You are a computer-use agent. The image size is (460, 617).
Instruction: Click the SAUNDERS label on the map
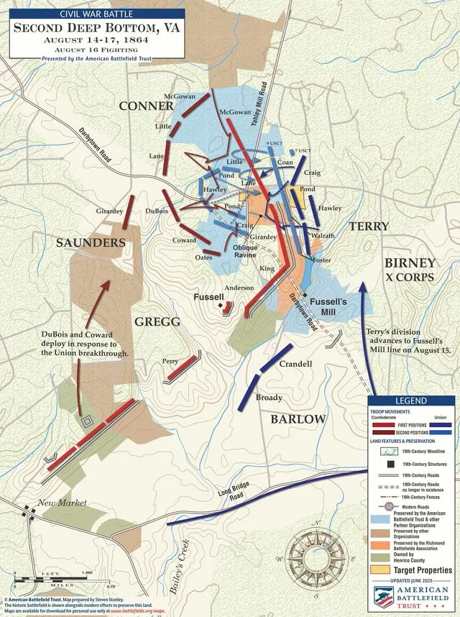click(91, 243)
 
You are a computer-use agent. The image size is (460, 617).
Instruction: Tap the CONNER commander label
click(146, 106)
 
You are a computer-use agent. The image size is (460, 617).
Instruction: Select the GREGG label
click(156, 321)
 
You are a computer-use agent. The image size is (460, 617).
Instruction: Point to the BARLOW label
click(298, 419)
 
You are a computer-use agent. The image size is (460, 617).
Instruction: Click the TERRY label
click(369, 227)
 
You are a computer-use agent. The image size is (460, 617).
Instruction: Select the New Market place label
click(63, 503)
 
